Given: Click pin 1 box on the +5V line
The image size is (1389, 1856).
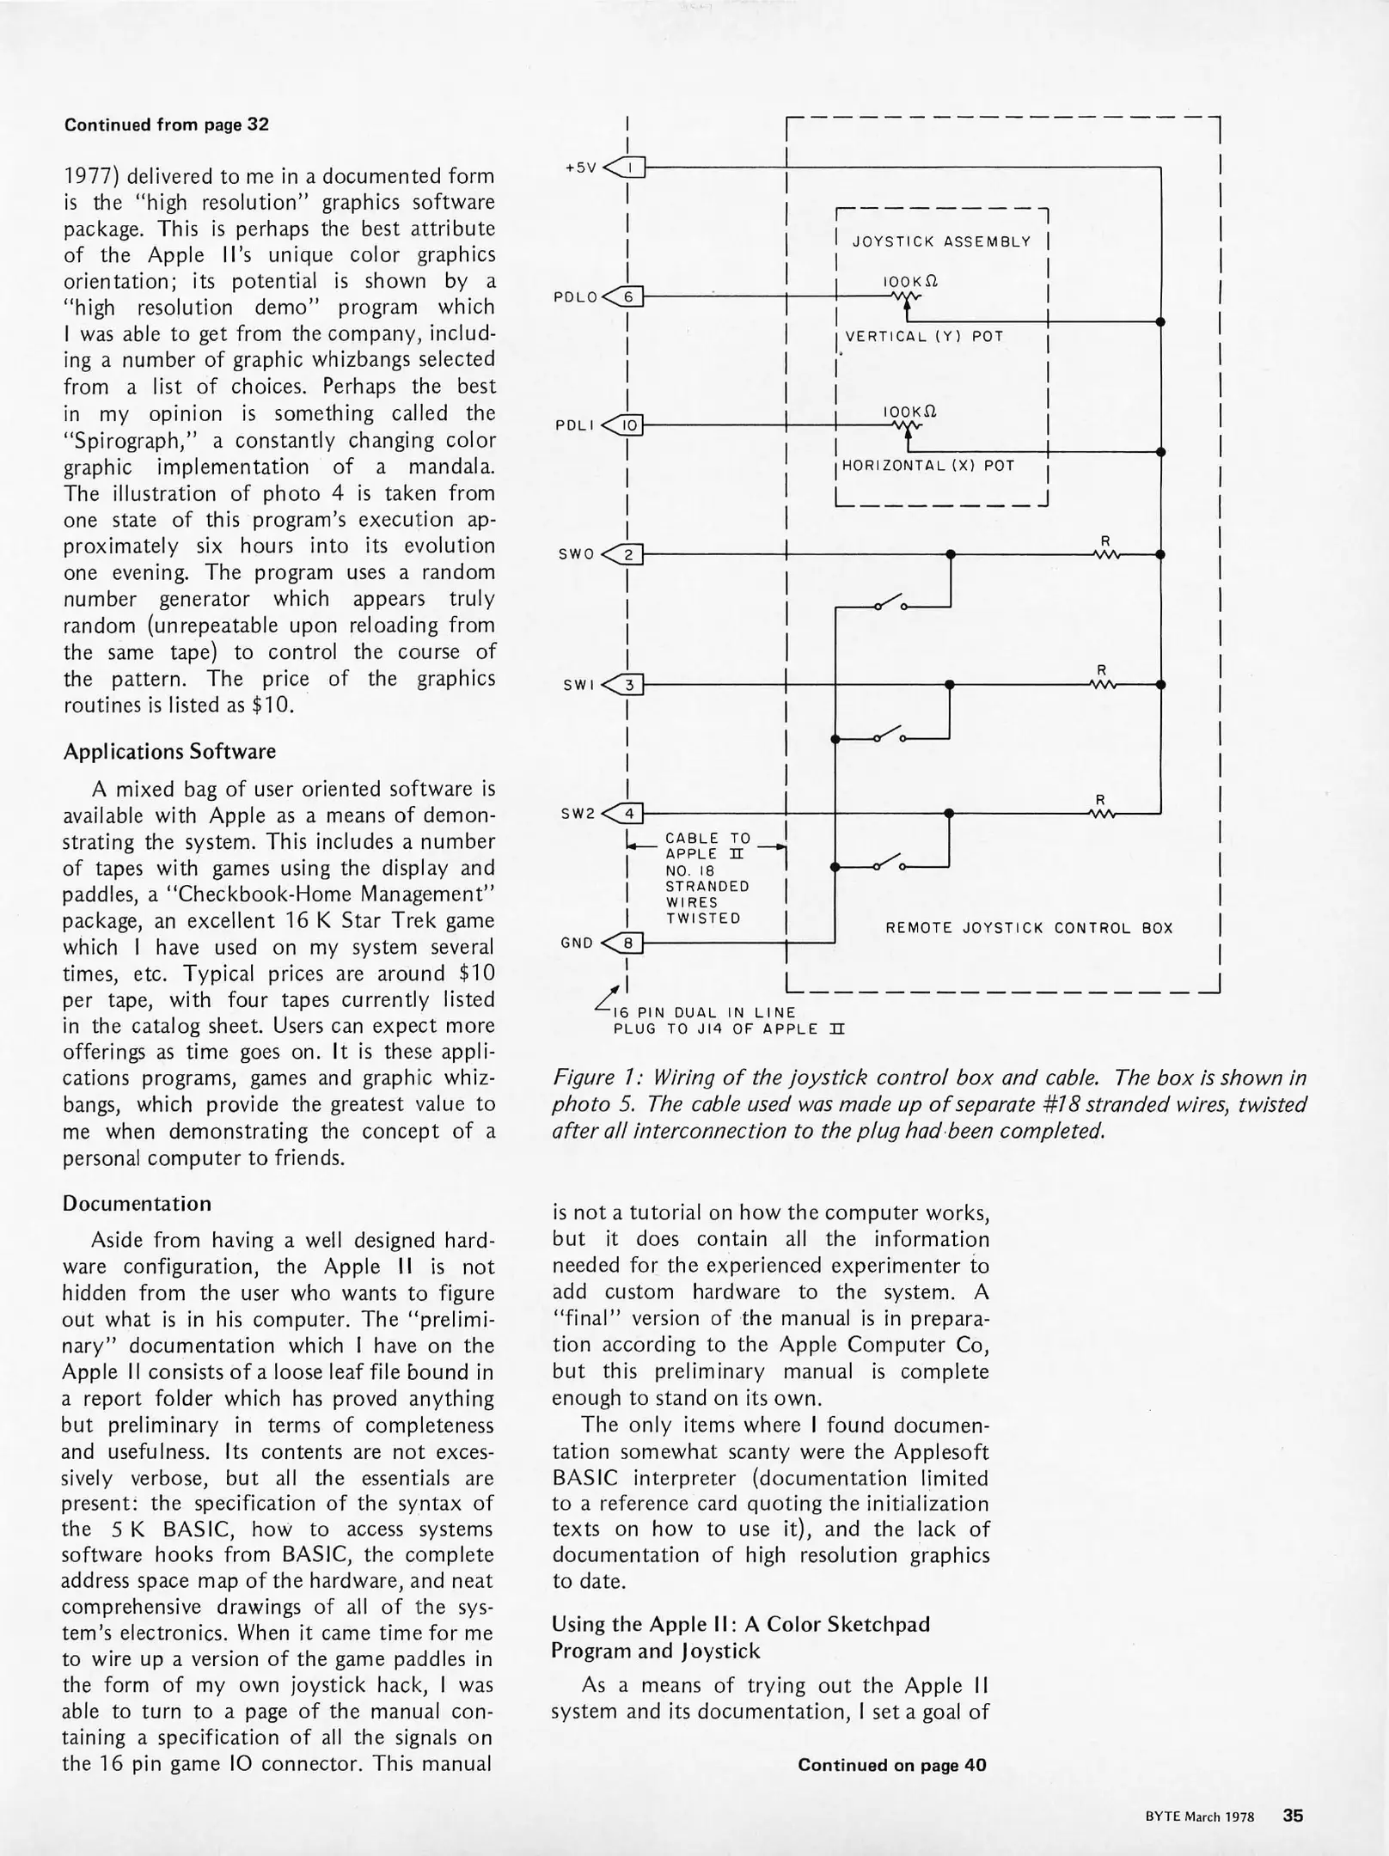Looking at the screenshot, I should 631,168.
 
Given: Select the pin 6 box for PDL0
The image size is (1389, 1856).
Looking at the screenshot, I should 629,297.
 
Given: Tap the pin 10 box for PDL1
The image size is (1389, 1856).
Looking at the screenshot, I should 630,425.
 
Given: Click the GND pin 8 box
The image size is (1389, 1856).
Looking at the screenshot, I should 630,943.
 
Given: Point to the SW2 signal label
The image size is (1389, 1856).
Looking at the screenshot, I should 577,814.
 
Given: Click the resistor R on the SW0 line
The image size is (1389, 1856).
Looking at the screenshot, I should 1106,554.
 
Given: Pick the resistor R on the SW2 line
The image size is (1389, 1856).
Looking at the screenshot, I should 1101,813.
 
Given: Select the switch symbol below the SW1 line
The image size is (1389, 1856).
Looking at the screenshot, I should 889,736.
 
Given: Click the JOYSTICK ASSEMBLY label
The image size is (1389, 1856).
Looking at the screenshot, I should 941,242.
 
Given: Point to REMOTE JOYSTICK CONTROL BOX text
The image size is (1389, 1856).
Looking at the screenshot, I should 1029,928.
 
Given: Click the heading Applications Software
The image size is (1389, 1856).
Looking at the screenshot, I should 169,752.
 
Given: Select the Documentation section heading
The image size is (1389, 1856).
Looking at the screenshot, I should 137,1204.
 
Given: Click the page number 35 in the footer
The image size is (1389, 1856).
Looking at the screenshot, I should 1293,1816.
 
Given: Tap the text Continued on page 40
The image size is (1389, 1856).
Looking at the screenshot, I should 891,1765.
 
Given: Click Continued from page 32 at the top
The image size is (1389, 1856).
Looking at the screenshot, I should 167,125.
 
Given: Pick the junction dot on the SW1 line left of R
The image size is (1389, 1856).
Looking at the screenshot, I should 949,685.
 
